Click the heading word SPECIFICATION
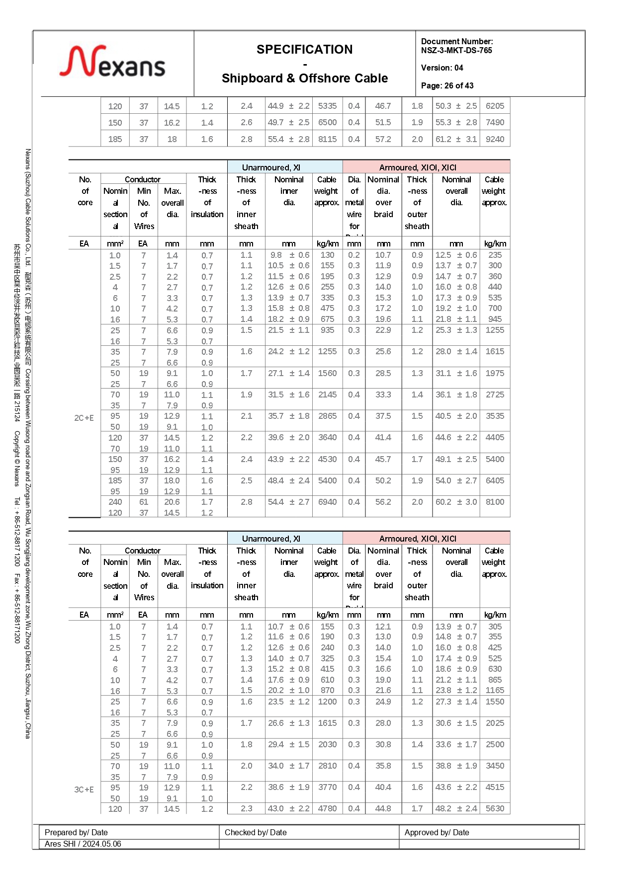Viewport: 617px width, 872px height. (x=304, y=50)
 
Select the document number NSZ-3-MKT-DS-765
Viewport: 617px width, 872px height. (x=456, y=50)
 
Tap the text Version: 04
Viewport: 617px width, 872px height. (x=442, y=68)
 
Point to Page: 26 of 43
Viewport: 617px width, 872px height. (x=447, y=85)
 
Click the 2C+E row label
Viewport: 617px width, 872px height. (x=84, y=418)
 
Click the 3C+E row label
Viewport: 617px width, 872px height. (x=84, y=790)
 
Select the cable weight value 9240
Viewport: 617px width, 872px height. (x=495, y=139)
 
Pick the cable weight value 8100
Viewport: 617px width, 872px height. (x=495, y=502)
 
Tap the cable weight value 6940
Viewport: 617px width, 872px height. (x=327, y=502)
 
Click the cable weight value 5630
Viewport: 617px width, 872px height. (x=495, y=808)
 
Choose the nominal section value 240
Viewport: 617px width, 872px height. (x=115, y=502)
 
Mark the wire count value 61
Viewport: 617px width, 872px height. (x=144, y=502)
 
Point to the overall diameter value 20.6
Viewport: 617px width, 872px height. (x=172, y=502)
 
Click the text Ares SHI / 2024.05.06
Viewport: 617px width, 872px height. (x=83, y=844)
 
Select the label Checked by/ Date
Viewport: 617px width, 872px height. (x=256, y=832)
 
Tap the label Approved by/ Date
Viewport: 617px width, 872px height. (x=437, y=832)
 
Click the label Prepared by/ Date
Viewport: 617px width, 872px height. (x=76, y=832)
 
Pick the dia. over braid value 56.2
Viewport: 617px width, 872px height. (x=383, y=502)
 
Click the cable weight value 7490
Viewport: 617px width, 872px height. (x=495, y=122)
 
